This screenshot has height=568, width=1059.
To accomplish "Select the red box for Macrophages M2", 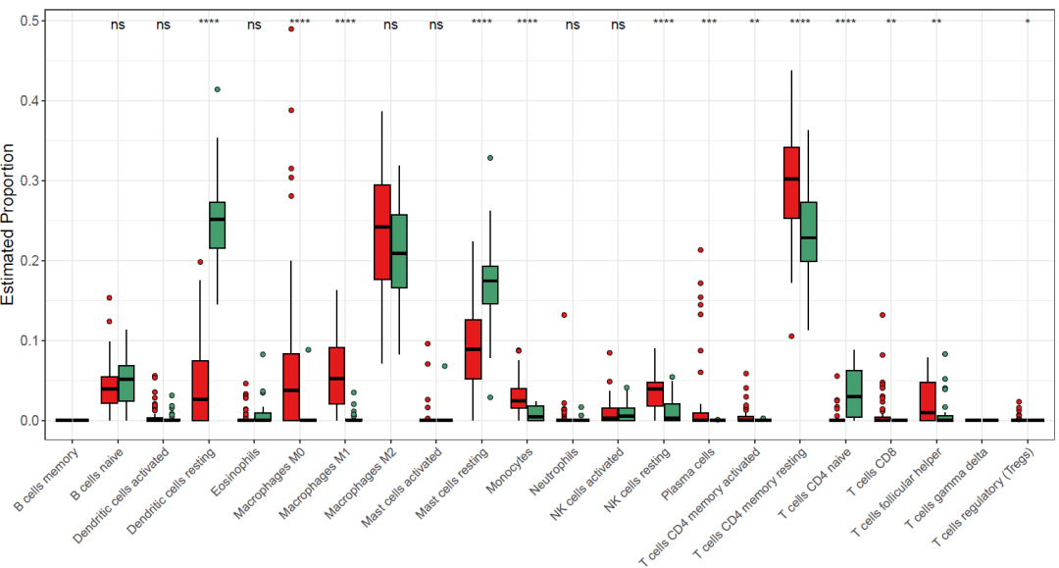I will (x=382, y=232).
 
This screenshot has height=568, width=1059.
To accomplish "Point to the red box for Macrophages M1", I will (x=336, y=376).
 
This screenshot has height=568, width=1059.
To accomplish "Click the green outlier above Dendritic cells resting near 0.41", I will (x=218, y=89).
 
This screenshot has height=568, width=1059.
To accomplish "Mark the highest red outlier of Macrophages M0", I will (x=291, y=29).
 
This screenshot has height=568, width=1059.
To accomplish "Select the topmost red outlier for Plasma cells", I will (x=700, y=250).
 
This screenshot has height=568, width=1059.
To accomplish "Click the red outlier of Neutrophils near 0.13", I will (x=564, y=315).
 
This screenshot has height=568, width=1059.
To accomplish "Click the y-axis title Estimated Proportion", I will (x=10, y=224).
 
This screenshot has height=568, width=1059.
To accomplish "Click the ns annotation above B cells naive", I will (x=118, y=25).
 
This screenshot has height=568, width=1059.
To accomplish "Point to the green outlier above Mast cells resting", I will (x=490, y=158).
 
